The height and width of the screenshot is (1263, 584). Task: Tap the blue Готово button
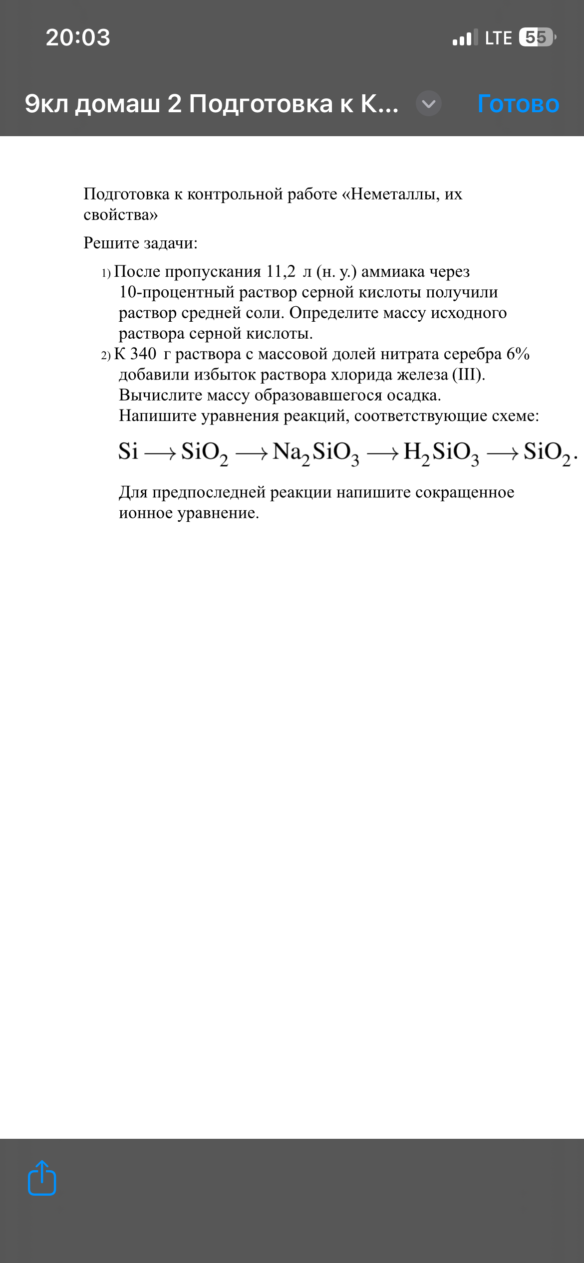pyautogui.click(x=518, y=104)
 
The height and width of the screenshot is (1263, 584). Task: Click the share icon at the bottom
pyautogui.click(x=42, y=1178)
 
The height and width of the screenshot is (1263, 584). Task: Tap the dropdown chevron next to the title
pyautogui.click(x=429, y=104)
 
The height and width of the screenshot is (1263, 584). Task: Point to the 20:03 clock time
pyautogui.click(x=78, y=38)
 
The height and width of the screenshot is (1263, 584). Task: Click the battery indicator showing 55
pyautogui.click(x=537, y=37)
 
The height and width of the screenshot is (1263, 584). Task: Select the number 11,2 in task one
pyautogui.click(x=281, y=271)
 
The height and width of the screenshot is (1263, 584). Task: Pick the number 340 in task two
pyautogui.click(x=143, y=354)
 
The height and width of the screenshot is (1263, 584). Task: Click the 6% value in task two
pyautogui.click(x=518, y=354)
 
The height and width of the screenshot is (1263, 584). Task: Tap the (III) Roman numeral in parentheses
pyautogui.click(x=468, y=375)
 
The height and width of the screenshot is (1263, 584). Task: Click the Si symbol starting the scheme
pyautogui.click(x=128, y=451)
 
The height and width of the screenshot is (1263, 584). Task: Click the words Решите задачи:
pyautogui.click(x=140, y=243)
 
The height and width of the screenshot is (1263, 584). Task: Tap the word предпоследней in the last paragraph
pyautogui.click(x=209, y=492)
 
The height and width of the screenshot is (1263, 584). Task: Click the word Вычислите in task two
pyautogui.click(x=160, y=395)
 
